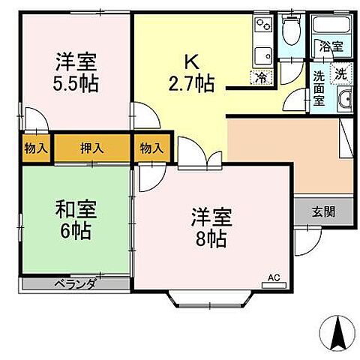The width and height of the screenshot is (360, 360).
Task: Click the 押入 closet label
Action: pos(92,148)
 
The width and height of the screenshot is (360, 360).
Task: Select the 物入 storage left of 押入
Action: pos(35,148)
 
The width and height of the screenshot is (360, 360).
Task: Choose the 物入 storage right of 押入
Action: pos(151,148)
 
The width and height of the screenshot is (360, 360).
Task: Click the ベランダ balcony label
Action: pos(74,284)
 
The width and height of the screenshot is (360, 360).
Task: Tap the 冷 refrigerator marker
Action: pos(259,76)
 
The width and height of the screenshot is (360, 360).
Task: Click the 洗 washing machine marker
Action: pos(340,73)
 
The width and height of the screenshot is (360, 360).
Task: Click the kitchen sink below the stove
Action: pos(263,54)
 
